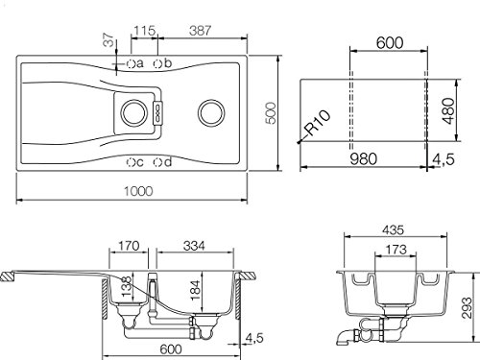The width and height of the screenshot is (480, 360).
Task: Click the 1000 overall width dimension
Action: click(x=138, y=191)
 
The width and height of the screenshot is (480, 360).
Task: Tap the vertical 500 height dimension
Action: click(x=271, y=113)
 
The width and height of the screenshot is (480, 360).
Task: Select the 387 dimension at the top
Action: click(x=200, y=31)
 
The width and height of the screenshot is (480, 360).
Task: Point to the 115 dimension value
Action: click(x=144, y=31)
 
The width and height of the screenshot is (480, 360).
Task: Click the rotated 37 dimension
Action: click(x=108, y=40)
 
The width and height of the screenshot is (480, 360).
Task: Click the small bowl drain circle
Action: click(x=134, y=113)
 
